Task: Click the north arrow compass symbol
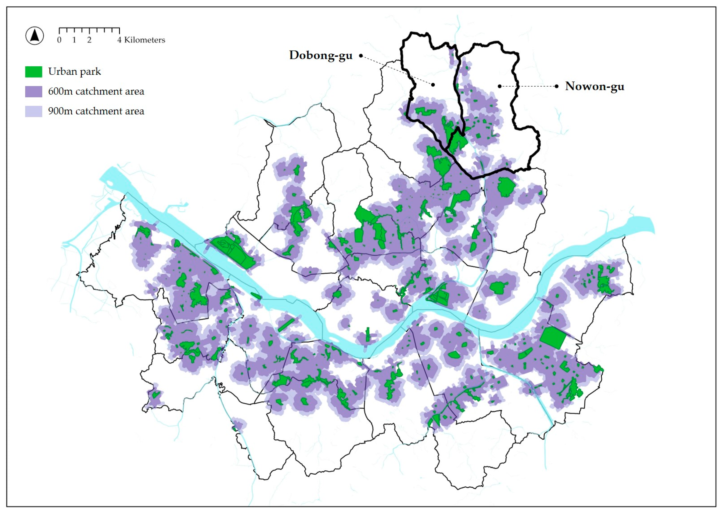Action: pos(35,36)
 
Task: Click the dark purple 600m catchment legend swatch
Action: pos(34,91)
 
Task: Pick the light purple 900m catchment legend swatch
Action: pos(34,111)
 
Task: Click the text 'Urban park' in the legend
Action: pos(74,71)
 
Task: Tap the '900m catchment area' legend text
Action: pos(96,111)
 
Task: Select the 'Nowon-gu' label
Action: pos(595,86)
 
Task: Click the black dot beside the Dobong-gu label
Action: pos(361,56)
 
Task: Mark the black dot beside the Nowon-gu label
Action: pos(557,86)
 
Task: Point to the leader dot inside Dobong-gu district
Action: pos(433,85)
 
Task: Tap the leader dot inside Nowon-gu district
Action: pos(499,86)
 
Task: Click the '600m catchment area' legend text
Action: pos(96,91)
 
